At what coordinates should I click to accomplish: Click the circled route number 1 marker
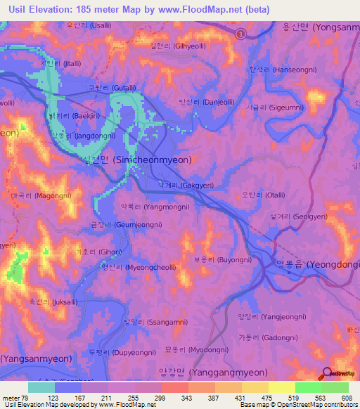point(240,33)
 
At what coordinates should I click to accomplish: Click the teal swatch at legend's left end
point(41,387)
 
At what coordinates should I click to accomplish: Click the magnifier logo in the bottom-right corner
point(328,374)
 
